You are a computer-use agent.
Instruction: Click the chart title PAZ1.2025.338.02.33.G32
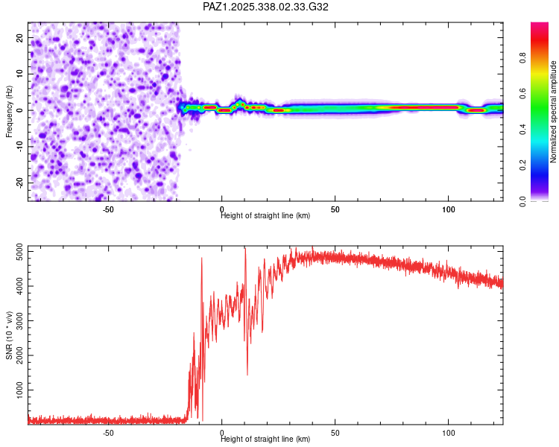point(266,7)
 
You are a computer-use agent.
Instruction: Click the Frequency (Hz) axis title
point(9,111)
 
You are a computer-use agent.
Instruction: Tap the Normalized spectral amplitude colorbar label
point(554,112)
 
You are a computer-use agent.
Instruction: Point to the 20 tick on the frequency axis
point(19,37)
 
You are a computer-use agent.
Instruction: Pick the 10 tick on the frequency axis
point(19,74)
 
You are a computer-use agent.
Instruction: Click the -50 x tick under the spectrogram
point(108,209)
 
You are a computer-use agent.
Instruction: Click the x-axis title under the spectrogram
point(265,216)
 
